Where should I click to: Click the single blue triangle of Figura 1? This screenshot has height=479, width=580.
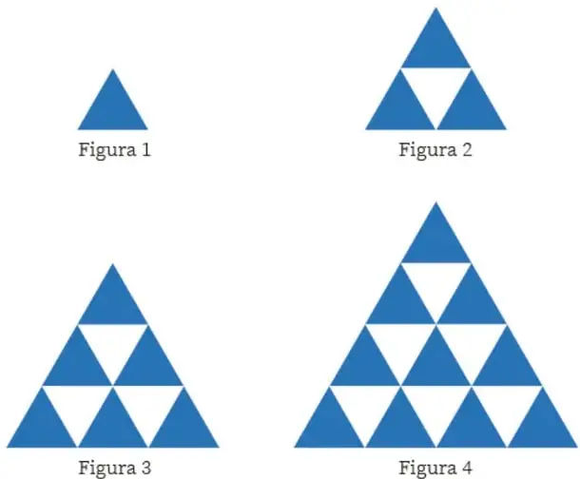[x=113, y=109]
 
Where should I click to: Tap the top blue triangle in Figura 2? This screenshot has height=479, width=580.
[x=435, y=48]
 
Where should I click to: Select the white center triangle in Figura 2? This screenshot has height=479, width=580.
[x=435, y=88]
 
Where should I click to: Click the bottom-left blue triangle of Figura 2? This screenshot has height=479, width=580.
[x=400, y=109]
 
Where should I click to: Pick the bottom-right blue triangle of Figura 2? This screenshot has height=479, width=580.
[x=472, y=109]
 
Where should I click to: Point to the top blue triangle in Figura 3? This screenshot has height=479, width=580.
[x=113, y=304]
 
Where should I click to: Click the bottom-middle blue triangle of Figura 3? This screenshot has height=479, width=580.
[x=113, y=427]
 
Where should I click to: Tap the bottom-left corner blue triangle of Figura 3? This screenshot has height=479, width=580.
[x=42, y=427]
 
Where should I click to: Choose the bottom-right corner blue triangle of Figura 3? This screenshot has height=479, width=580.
[x=184, y=427]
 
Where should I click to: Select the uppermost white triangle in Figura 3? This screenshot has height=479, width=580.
[x=113, y=345]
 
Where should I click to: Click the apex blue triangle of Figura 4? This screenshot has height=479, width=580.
[x=435, y=242]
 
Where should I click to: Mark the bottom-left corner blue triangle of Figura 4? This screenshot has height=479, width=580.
[x=329, y=427]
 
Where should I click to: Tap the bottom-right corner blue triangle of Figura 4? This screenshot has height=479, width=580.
[x=543, y=427]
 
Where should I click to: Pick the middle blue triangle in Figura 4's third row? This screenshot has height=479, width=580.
[x=435, y=365]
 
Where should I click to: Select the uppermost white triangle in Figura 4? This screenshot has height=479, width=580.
[x=435, y=284]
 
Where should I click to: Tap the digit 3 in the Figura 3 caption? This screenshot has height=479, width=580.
[x=145, y=468]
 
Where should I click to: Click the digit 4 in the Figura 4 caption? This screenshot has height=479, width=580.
[x=467, y=468]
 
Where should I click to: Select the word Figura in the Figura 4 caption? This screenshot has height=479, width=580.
[x=427, y=469]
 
